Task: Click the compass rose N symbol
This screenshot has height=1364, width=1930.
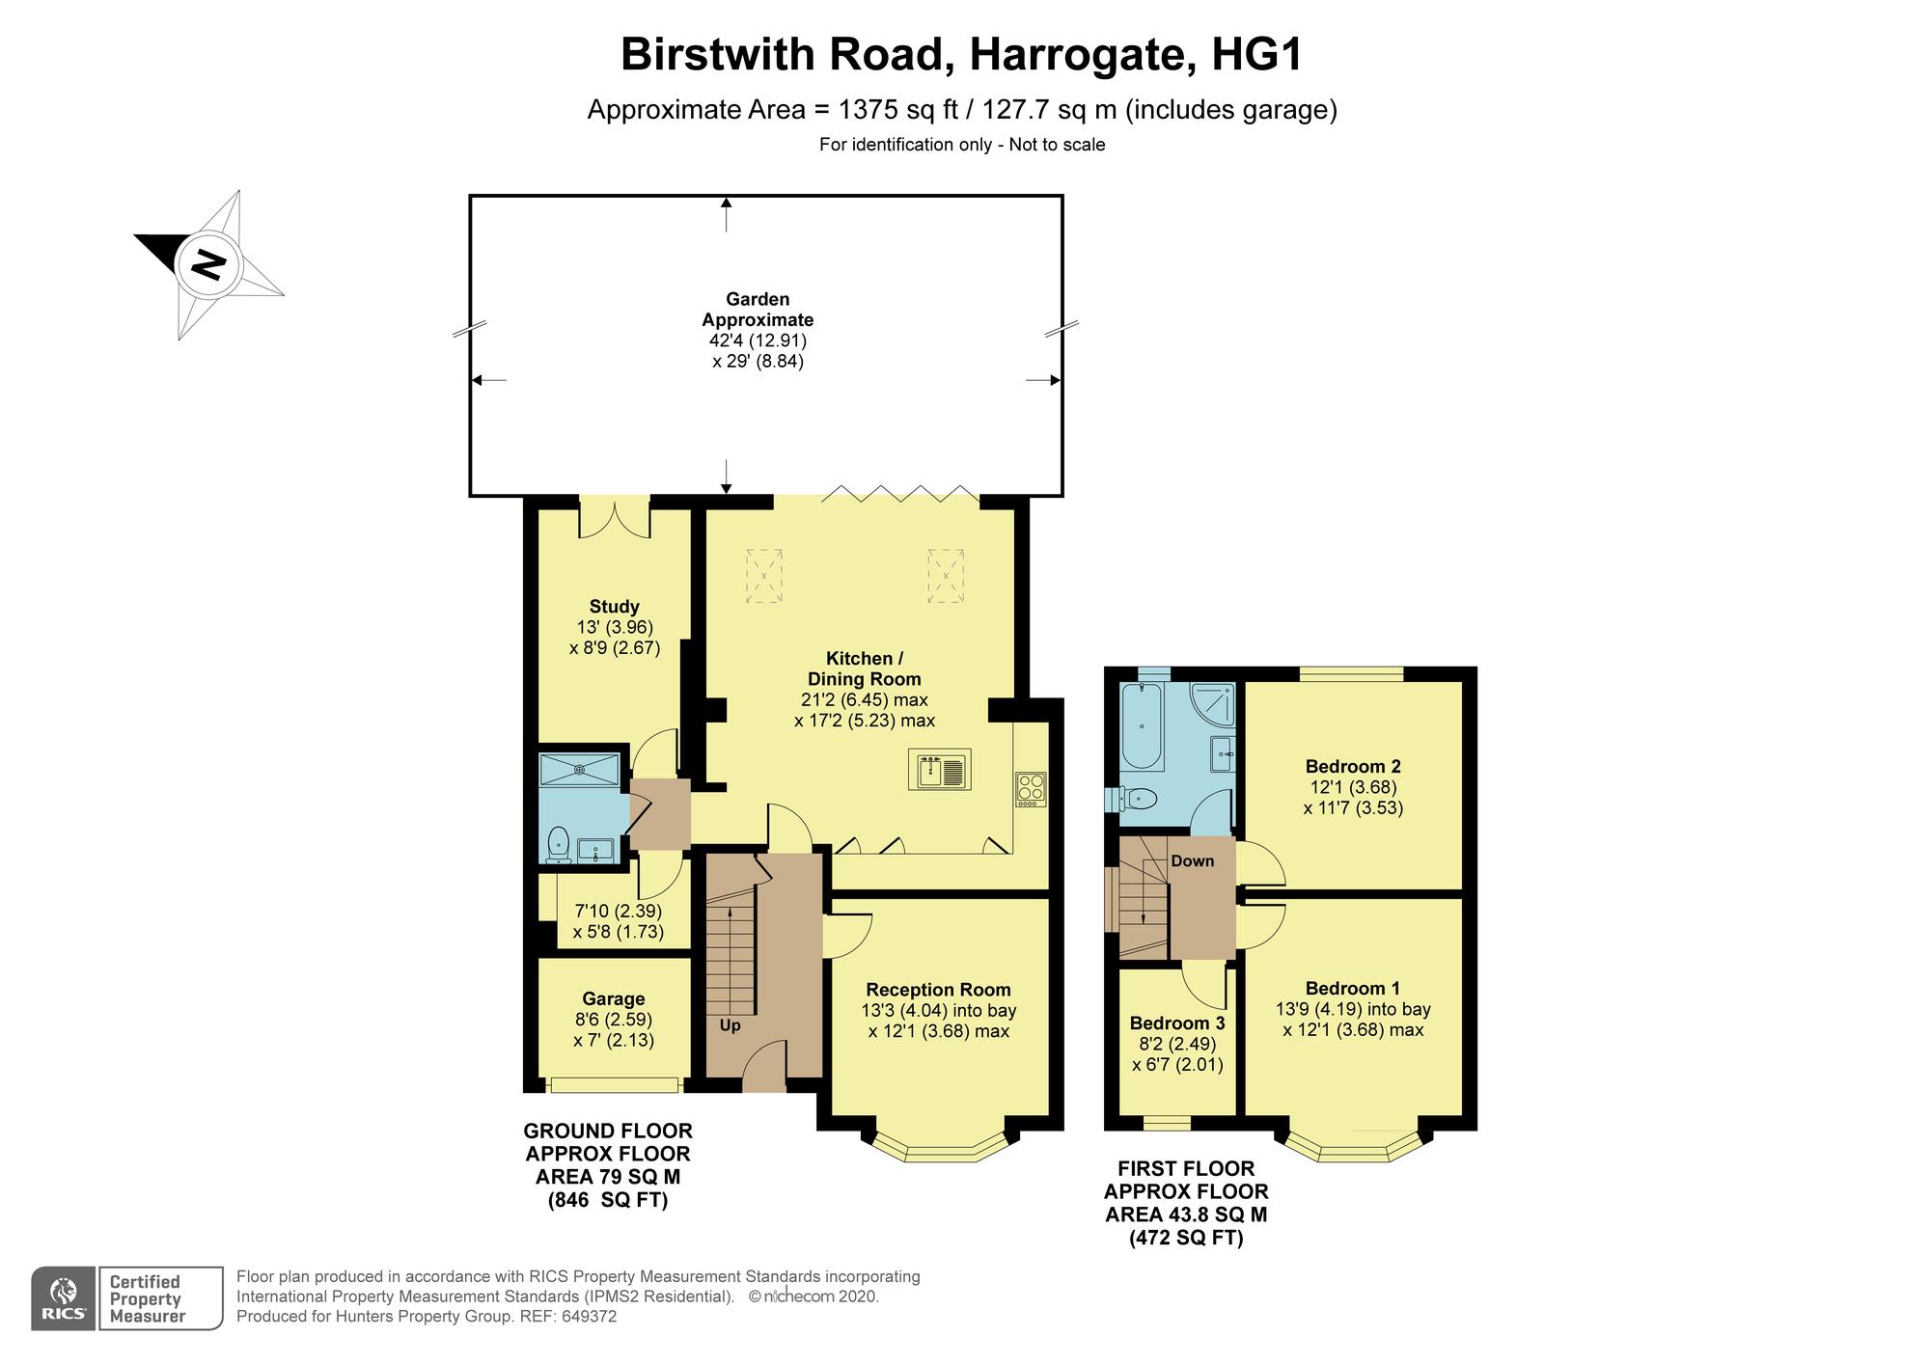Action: click(x=208, y=264)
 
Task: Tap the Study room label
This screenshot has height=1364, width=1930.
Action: click(x=614, y=607)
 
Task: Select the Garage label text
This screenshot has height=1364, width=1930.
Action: click(x=613, y=999)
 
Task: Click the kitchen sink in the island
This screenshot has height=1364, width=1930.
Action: click(x=939, y=771)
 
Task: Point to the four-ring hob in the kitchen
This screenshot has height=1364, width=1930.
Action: click(x=1031, y=789)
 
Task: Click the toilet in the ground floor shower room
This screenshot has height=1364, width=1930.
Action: click(x=557, y=843)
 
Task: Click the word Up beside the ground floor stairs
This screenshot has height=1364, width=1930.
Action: click(x=730, y=1025)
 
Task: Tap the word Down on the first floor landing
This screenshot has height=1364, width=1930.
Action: click(x=1192, y=861)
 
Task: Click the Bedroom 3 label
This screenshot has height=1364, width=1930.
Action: click(x=1176, y=1023)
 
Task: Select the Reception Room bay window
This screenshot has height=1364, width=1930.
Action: click(x=940, y=1146)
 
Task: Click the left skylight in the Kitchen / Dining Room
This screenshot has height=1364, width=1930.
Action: click(x=763, y=576)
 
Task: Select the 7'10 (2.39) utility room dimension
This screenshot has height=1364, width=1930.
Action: click(x=618, y=911)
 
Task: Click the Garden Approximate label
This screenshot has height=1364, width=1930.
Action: click(x=758, y=310)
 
